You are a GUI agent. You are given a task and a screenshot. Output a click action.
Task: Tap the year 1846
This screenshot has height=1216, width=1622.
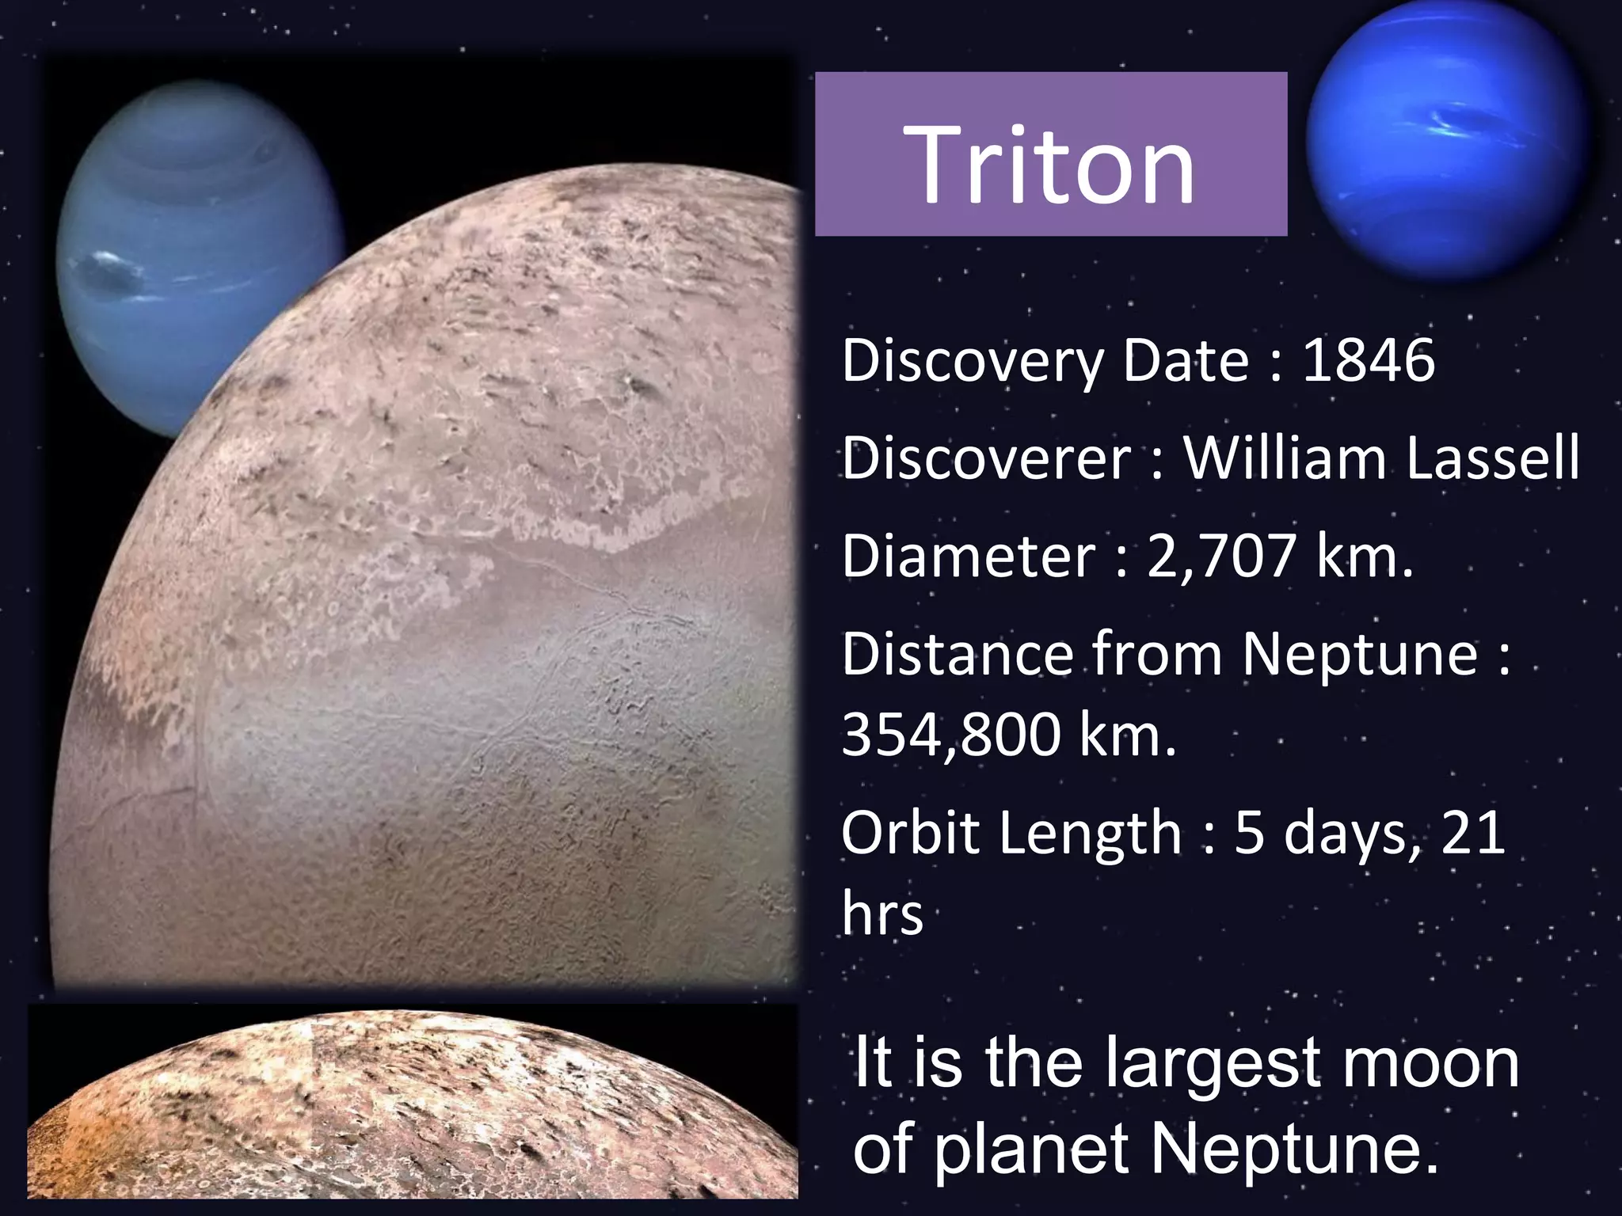[x=1369, y=360]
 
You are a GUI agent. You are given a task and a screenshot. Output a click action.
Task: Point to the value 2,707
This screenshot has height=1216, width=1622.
[x=1220, y=556]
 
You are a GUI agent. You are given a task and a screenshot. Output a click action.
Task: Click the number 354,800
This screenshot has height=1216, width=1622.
[x=950, y=735]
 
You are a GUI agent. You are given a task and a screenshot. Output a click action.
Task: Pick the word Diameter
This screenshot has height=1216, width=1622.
[x=968, y=556]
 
